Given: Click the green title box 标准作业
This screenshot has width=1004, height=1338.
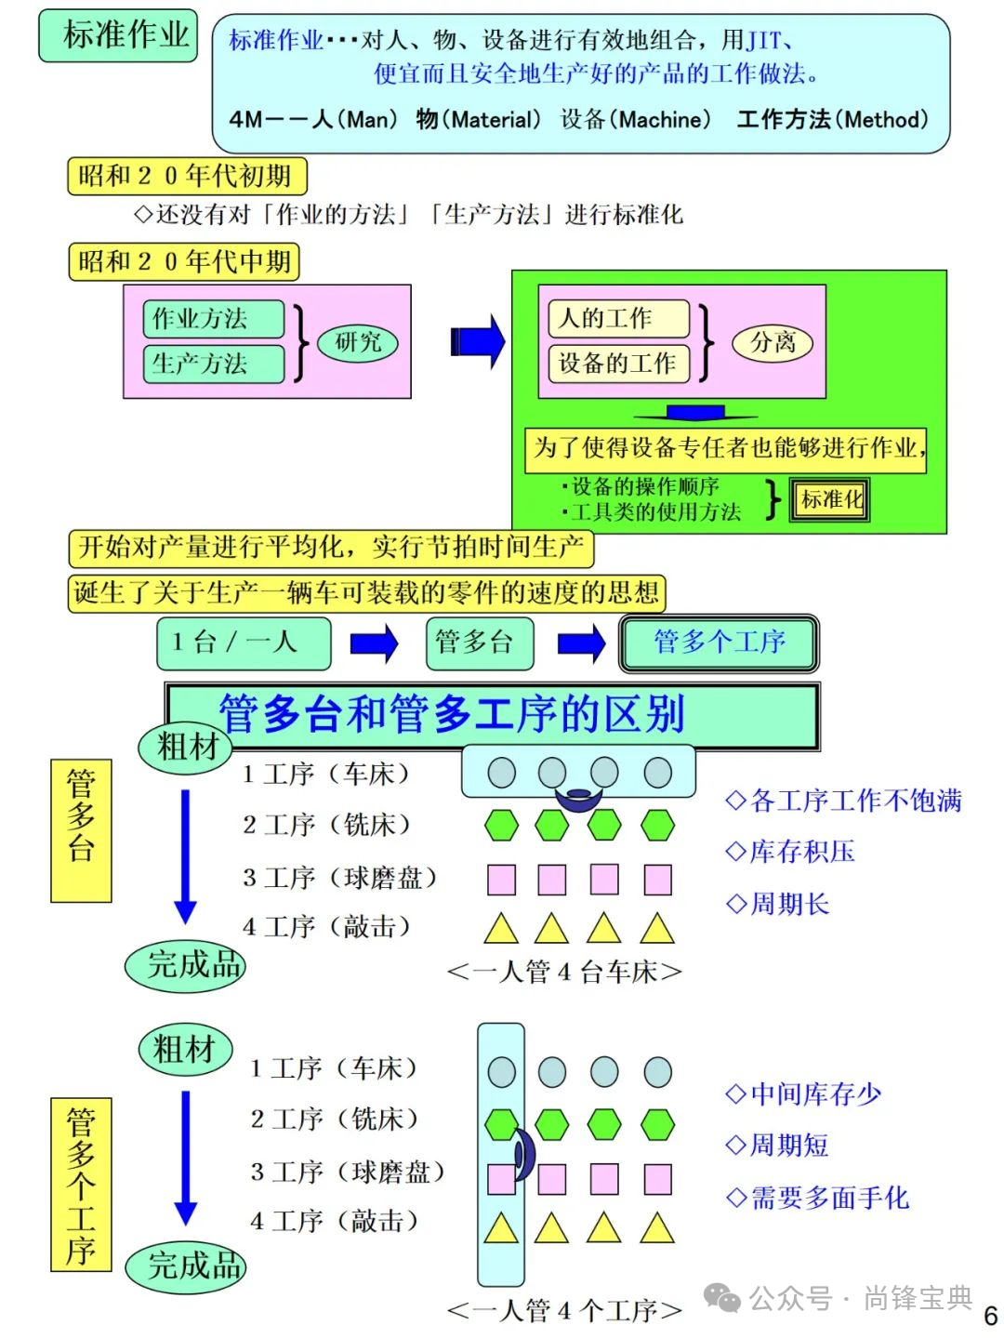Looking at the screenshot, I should click(118, 35).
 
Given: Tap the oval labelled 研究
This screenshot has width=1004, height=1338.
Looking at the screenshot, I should click(358, 342).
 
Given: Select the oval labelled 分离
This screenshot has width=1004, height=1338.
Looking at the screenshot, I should click(773, 342).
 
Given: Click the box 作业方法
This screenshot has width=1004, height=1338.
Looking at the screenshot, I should click(213, 319).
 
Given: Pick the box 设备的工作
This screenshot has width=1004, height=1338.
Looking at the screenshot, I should click(618, 363).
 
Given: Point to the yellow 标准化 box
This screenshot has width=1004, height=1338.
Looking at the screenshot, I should click(829, 500).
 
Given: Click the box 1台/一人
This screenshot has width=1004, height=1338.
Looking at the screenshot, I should click(244, 643).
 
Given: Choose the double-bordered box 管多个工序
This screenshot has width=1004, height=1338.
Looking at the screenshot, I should click(719, 643).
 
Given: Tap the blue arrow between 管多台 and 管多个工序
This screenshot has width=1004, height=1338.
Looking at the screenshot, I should click(581, 643).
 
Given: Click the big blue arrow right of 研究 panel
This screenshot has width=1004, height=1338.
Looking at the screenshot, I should click(477, 341).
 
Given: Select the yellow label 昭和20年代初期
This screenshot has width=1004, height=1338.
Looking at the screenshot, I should click(186, 176).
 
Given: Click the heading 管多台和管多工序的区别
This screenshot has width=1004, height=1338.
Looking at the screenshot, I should click(453, 714).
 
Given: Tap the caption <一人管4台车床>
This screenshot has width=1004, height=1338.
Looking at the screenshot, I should click(564, 972).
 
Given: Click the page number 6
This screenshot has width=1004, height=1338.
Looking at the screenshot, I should click(990, 1317).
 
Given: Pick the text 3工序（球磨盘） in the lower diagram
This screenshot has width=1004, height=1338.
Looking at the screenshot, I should click(347, 1172).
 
